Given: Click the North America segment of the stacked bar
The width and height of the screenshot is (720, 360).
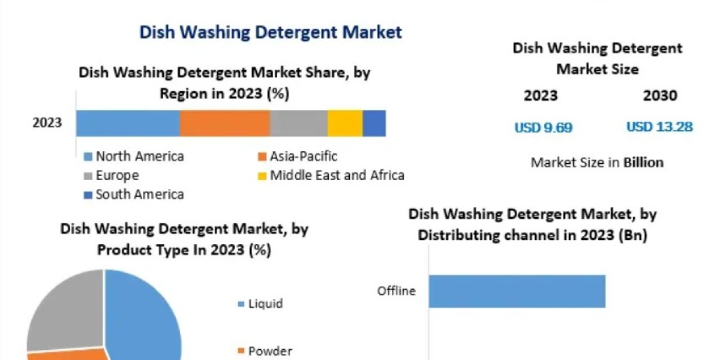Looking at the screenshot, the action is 128,124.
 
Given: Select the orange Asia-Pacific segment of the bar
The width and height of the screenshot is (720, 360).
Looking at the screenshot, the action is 225,124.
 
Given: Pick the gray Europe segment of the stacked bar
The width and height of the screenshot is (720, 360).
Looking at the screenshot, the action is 299,124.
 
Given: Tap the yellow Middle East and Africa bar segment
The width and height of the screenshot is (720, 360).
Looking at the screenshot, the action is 345,124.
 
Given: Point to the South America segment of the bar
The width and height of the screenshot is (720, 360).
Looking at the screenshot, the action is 374,124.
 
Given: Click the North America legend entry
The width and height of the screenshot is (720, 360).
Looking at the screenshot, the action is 134,157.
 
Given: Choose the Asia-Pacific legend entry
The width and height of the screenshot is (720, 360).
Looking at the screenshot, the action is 298,157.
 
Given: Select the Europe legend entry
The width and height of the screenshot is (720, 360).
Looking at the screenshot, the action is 111,175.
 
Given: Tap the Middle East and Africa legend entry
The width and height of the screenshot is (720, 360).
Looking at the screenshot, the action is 331,175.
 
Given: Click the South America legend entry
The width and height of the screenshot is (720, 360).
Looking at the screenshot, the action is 134,194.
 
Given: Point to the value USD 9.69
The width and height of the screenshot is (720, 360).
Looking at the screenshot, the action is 544,128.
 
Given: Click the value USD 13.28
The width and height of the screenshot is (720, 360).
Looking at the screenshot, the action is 659,127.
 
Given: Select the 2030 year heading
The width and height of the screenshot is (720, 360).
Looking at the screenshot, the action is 660,95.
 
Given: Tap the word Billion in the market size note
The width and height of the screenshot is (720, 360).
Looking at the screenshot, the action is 643,163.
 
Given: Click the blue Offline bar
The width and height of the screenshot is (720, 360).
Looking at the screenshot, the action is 517,291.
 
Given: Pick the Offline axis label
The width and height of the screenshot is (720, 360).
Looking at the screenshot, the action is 397,291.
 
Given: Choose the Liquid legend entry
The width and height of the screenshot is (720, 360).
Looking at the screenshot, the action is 260,304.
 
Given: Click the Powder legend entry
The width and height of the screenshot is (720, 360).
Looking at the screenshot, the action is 265,351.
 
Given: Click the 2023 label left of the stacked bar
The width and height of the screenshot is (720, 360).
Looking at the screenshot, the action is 47,123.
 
